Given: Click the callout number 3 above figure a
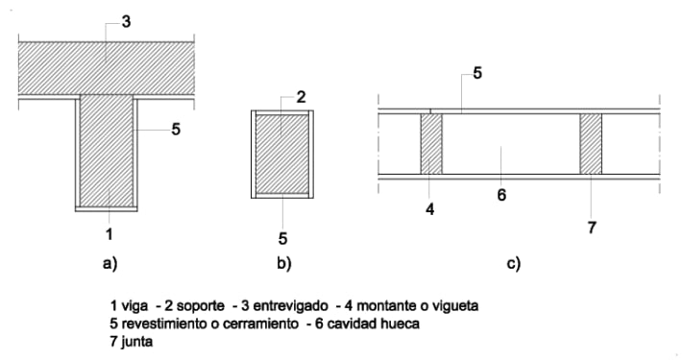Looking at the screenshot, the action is point(126,22).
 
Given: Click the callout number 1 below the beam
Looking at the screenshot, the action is point(110,234).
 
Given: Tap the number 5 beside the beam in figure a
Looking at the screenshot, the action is point(176,130).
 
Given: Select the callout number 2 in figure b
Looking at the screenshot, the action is point(301,97).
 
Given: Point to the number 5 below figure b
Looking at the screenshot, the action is point(282,238).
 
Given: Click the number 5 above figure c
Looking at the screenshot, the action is point(477,73).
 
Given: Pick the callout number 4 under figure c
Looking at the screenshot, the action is point(430,210).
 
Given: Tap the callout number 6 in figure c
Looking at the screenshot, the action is point(501,195).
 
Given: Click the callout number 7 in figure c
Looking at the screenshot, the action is point(592,228).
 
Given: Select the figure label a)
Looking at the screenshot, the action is point(110,263).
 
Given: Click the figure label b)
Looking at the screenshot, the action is point(284,263).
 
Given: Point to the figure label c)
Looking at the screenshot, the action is point(514,263).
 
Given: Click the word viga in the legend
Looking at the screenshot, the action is point(134,306).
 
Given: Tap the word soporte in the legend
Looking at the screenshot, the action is point(201,306).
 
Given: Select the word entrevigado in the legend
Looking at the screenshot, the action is point(290,306).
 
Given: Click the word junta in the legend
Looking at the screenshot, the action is point(136,342).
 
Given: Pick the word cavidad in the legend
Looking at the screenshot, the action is point(352,324).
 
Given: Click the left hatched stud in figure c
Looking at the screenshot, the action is point(431,144).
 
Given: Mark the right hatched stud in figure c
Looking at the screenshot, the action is point(591,144).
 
